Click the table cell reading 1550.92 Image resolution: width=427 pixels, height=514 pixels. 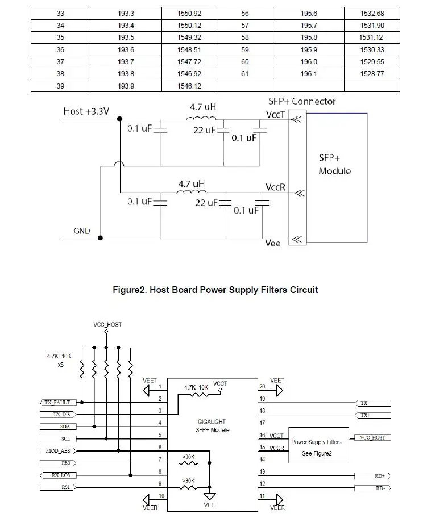coord(189,14)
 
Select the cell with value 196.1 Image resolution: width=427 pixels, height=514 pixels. coord(309,74)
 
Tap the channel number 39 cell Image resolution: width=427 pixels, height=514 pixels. coord(60,86)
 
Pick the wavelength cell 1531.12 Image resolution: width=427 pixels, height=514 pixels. coord(372,37)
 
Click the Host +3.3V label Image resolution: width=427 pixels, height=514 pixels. coord(86,111)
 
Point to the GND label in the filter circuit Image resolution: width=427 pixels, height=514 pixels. coord(82,231)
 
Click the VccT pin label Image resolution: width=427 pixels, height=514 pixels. coord(275,114)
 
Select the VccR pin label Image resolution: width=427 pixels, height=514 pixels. coord(275,187)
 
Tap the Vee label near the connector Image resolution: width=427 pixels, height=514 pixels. coord(273,243)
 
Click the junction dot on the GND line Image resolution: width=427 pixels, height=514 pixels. coord(101,238)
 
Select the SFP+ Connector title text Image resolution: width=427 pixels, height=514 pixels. coord(302,101)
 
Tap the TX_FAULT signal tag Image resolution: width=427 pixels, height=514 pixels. coord(57,402)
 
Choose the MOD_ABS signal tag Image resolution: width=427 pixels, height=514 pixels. coord(58,451)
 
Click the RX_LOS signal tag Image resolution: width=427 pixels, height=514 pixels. coord(58,475)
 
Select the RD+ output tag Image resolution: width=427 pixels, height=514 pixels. coord(373,475)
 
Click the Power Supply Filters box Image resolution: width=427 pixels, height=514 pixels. coord(318,445)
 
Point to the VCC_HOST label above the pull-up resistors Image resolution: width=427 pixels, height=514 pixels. coord(107,324)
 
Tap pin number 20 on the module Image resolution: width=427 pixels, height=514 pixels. coord(262,386)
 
